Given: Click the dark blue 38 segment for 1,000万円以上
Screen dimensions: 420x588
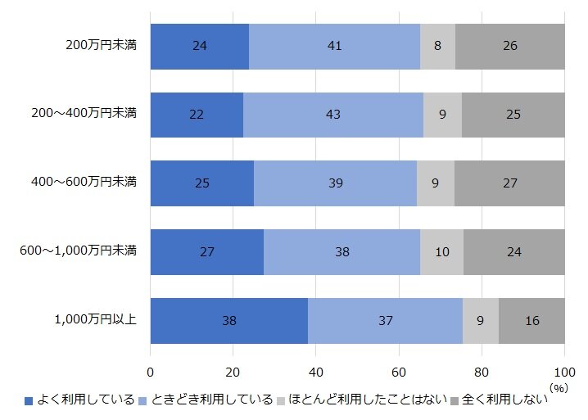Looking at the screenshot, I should (229, 320).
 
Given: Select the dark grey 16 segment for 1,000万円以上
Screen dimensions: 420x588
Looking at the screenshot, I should (531, 320).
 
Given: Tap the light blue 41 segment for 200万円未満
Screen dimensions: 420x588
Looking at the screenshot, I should (334, 46).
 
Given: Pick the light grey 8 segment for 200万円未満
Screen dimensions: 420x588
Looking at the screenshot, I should (437, 46).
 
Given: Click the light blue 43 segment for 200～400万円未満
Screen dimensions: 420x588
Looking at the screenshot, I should (333, 115).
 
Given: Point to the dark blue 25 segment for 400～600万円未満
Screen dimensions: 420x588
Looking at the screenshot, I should (202, 183).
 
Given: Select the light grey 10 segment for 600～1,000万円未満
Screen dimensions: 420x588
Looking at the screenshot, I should (441, 252).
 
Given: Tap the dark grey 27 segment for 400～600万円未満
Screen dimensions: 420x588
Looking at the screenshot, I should (509, 183).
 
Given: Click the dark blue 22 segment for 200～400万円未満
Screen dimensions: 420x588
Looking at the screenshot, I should (197, 115).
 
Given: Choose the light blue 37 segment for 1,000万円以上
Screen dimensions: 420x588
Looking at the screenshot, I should (385, 320).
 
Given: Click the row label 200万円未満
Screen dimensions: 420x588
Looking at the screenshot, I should (101, 45).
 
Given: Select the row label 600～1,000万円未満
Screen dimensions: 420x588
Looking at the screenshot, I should (78, 251).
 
